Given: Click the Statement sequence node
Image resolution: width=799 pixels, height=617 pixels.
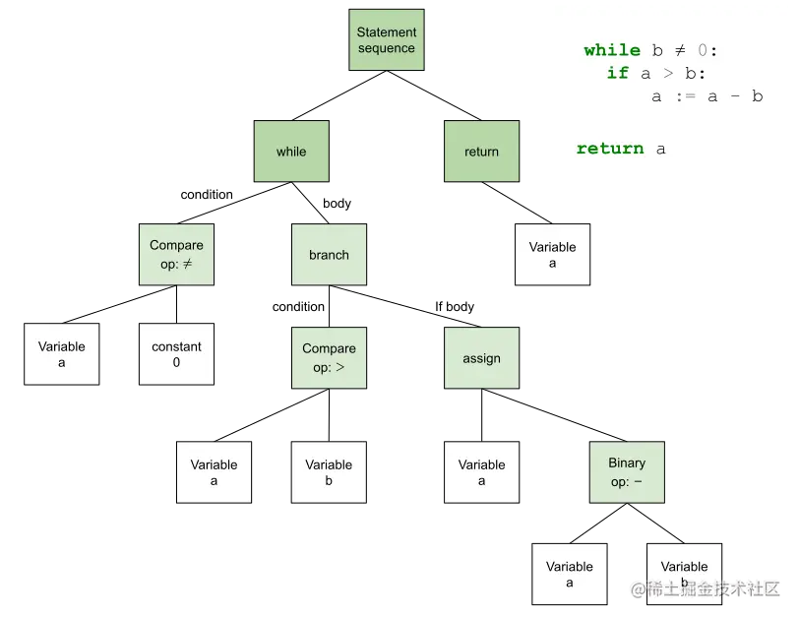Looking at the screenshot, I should click(x=387, y=40).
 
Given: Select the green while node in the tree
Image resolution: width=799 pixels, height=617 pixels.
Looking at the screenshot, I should click(x=291, y=152).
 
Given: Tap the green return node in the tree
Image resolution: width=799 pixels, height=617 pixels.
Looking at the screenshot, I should click(x=481, y=152).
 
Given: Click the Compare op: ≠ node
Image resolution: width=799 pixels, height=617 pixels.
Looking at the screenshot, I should click(x=176, y=255).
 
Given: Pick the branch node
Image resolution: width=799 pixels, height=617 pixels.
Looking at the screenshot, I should click(x=329, y=255).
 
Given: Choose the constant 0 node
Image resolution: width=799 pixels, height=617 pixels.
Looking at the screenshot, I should click(x=176, y=354).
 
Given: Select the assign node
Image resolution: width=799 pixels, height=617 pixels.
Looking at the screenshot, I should click(x=481, y=358).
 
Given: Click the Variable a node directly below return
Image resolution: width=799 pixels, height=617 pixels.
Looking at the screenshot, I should click(x=552, y=255).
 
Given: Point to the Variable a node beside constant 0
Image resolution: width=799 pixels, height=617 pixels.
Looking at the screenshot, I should click(x=62, y=354).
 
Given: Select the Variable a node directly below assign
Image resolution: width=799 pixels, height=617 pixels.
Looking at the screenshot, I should click(x=481, y=472).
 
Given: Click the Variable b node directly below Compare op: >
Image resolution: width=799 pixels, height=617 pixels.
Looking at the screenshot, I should click(x=329, y=472).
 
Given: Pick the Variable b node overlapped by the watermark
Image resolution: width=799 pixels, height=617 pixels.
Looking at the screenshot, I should click(x=684, y=573).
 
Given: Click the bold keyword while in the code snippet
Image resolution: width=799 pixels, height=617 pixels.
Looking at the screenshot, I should click(x=611, y=50).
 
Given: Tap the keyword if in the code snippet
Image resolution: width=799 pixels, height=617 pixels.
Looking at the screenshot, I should click(x=618, y=73).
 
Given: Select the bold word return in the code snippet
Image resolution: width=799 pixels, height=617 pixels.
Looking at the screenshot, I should click(x=610, y=149).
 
